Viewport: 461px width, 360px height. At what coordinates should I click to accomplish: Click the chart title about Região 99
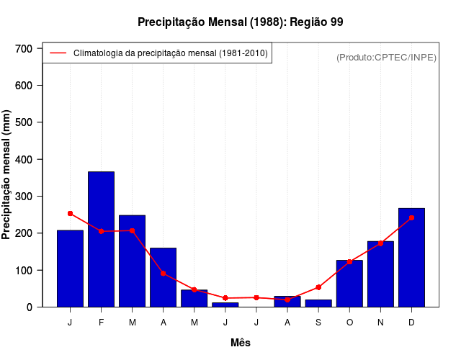tap(240, 22)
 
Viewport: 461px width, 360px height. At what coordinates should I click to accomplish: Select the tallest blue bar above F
tap(101, 239)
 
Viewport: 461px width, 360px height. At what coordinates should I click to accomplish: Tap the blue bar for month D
tap(411, 257)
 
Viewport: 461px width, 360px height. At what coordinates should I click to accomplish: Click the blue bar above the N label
tap(380, 274)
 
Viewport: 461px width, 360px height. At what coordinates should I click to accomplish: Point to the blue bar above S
tap(318, 303)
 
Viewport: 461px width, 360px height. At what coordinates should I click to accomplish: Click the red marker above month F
tap(101, 231)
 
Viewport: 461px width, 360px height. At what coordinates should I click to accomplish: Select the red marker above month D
tap(411, 217)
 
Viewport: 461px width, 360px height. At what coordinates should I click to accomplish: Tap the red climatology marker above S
tap(318, 287)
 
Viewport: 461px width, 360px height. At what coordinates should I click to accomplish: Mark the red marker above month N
tap(380, 243)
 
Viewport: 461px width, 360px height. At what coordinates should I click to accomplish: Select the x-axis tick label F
tap(101, 323)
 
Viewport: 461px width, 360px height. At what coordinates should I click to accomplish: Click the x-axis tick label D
tap(411, 323)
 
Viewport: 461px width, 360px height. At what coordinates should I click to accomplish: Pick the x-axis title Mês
tap(241, 343)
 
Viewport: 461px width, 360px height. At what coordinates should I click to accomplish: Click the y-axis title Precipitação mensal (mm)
tap(7, 175)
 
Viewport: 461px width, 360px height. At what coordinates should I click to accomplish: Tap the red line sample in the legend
tap(58, 53)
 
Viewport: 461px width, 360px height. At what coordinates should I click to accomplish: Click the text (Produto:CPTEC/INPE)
tap(386, 57)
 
